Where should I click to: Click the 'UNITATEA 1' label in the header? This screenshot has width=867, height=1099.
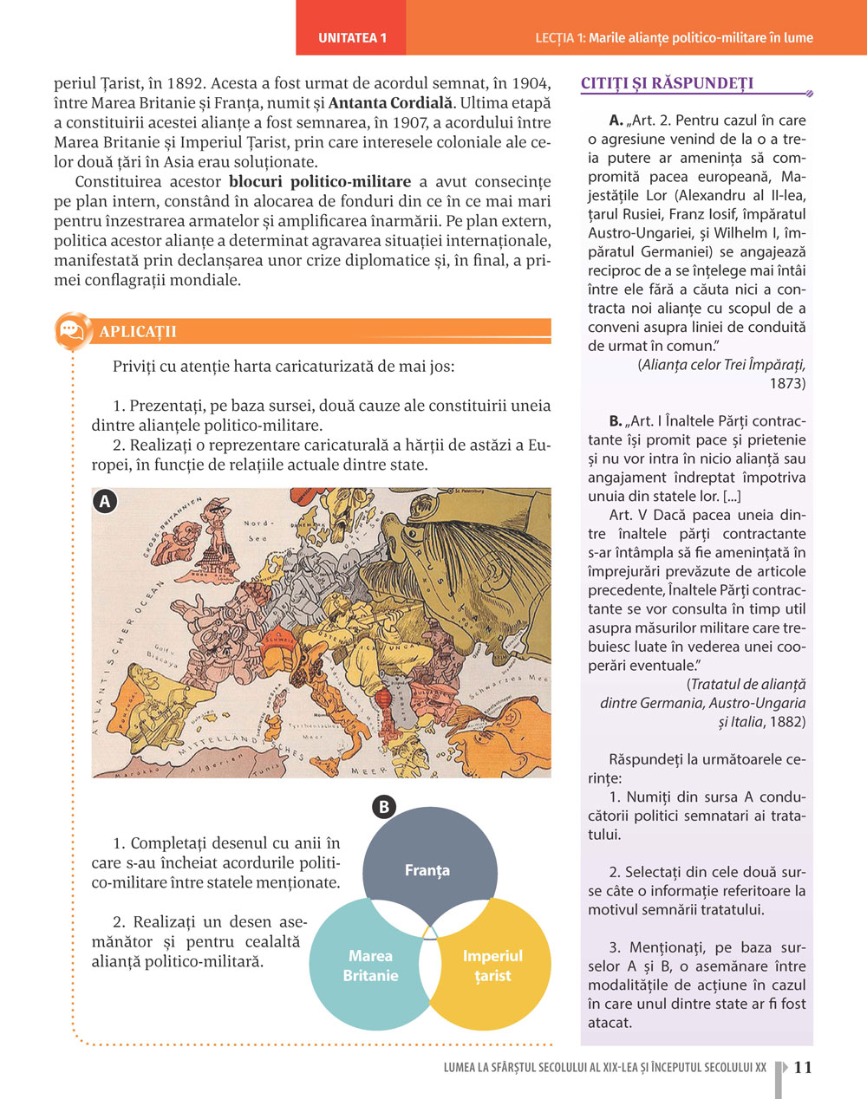(x=352, y=38)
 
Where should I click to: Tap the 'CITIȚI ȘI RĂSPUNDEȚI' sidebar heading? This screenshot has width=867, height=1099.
(x=667, y=83)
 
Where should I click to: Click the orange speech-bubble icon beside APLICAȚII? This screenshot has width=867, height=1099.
(x=72, y=331)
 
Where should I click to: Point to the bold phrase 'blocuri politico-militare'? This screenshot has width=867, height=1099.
(x=320, y=182)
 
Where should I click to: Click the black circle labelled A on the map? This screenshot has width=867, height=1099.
(x=105, y=501)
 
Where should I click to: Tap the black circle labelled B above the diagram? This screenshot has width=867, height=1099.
(x=383, y=807)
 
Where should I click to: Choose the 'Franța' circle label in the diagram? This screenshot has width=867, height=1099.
(x=427, y=870)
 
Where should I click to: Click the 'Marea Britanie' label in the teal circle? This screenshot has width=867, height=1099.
(x=370, y=966)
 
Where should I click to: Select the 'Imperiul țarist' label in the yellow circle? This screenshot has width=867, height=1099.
(x=492, y=966)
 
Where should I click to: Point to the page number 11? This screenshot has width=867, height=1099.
(x=803, y=1067)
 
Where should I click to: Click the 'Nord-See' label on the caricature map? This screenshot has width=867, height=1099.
(x=258, y=530)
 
